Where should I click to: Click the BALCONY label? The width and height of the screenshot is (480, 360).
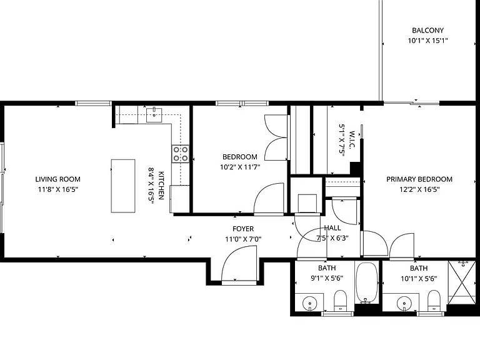(427, 30)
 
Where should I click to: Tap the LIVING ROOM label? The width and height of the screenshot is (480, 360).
(58, 179)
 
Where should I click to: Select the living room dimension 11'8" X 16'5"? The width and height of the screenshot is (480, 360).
(58, 189)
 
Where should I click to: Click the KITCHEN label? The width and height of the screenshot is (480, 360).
(161, 186)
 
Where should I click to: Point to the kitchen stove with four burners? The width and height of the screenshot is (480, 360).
(180, 154)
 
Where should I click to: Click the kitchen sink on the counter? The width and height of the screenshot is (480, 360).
(154, 114)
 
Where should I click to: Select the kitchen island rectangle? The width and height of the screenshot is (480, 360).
(123, 186)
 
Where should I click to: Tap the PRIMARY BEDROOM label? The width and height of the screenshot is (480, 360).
(419, 179)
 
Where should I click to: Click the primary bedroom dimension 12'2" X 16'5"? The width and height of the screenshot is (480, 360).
(419, 189)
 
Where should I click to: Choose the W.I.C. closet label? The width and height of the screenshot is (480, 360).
(351, 140)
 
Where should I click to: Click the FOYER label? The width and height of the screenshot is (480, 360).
(243, 229)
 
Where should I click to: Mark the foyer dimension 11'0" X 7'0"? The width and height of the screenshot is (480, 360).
(243, 239)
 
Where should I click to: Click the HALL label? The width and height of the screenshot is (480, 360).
(332, 227)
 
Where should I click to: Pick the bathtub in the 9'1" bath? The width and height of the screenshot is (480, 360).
(366, 283)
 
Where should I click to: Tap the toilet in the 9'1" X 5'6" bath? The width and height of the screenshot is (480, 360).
(340, 301)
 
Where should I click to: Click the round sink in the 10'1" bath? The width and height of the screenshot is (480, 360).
(404, 304)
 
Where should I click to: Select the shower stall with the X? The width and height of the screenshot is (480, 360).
(462, 282)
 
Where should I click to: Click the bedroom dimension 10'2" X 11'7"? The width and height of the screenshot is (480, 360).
(240, 167)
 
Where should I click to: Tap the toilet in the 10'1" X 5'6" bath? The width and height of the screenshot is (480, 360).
(434, 301)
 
